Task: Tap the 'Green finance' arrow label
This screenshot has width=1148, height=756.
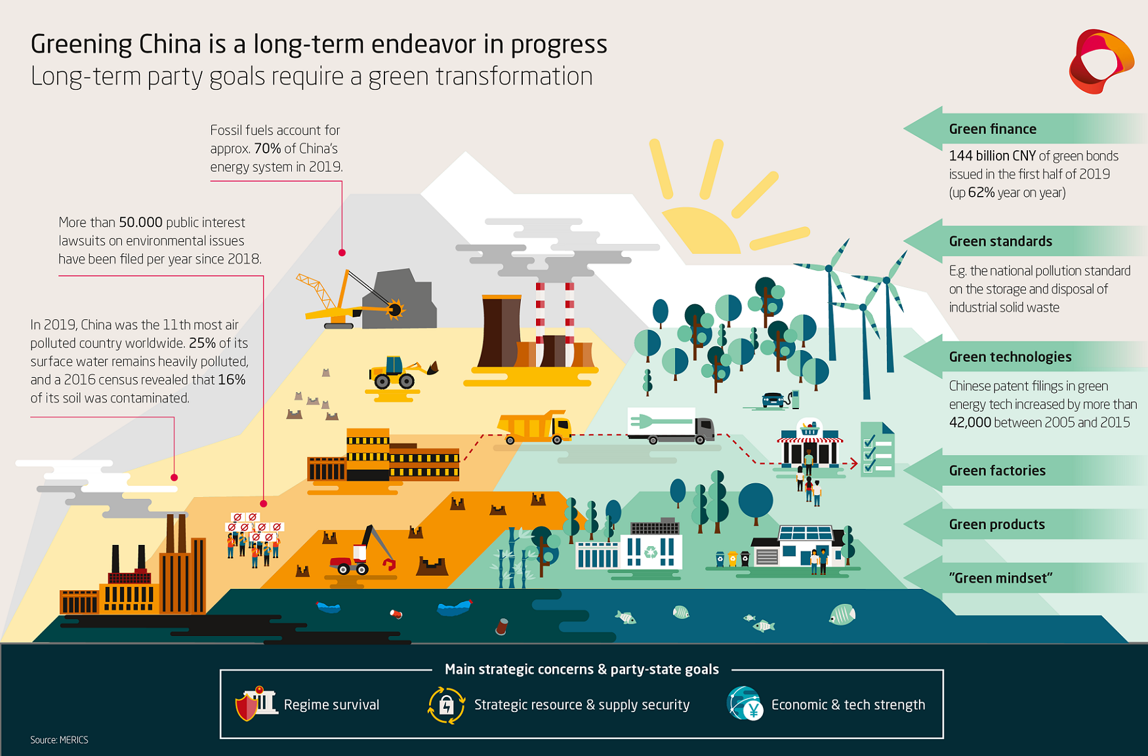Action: [x=993, y=129]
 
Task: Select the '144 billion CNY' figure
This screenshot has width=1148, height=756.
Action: [x=992, y=156]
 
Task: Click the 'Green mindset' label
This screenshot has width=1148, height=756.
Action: [x=1000, y=578]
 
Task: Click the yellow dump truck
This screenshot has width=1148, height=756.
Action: [x=534, y=428]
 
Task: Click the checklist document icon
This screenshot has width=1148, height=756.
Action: [x=877, y=449]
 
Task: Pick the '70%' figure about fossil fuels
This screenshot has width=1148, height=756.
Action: [x=268, y=149]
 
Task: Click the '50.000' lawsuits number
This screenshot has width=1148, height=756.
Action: [x=140, y=223]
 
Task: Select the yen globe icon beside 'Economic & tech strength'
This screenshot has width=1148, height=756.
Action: [x=745, y=704]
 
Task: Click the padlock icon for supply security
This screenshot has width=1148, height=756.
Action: [x=446, y=706]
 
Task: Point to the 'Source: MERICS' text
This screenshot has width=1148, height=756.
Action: [x=59, y=740]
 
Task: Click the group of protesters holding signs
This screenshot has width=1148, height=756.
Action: [x=254, y=540]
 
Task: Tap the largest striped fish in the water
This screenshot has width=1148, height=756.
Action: [x=842, y=614]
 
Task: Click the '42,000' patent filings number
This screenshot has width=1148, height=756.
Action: [x=970, y=423]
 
